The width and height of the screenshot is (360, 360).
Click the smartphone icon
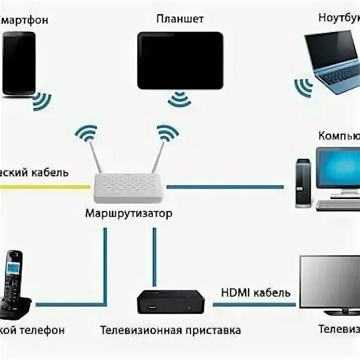[x=19, y=63]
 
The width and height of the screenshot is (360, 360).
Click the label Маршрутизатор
[x=129, y=213]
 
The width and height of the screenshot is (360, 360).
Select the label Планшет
[x=180, y=19]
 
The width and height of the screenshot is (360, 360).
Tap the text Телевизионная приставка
[x=170, y=330]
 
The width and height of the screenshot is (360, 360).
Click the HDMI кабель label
[x=255, y=292]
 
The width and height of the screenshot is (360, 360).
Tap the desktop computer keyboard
[x=338, y=204]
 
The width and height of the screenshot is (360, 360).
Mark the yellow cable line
[x=45, y=187]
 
